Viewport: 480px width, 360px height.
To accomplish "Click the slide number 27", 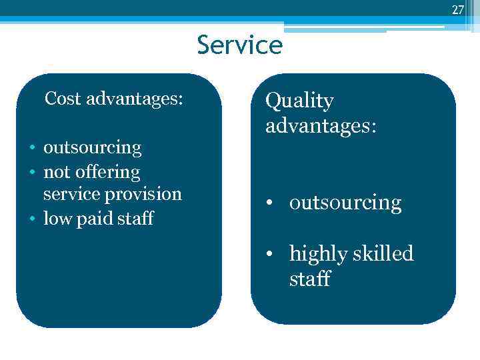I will coord(457,9).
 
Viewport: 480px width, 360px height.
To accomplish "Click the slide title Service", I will coord(240,45).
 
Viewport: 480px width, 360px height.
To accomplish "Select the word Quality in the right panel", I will coord(299,102).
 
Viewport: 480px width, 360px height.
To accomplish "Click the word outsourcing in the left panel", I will coord(92,148).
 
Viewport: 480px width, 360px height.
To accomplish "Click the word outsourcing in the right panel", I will coord(345,203).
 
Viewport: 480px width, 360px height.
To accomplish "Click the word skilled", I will coord(384,254).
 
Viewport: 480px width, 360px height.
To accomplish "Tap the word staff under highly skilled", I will coord(309,278).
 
